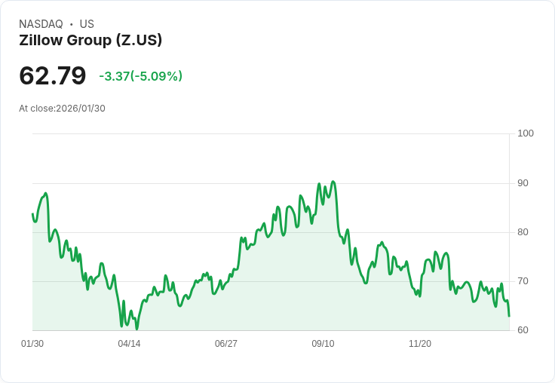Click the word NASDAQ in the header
pyautogui.click(x=41, y=24)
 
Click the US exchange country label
pyautogui.click(x=87, y=24)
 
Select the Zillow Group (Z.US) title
pyautogui.click(x=90, y=41)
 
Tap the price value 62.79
pyautogui.click(x=53, y=75)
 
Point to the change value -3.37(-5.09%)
pyautogui.click(x=140, y=76)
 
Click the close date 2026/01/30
pyautogui.click(x=81, y=109)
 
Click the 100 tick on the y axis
pyautogui.click(x=526, y=133)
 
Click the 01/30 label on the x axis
pyautogui.click(x=32, y=344)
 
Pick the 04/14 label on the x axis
pyautogui.click(x=129, y=344)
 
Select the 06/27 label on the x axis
pyautogui.click(x=226, y=344)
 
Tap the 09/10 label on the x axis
pyautogui.click(x=323, y=344)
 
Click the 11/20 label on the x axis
pyautogui.click(x=420, y=344)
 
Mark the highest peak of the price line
pyautogui.click(x=333, y=182)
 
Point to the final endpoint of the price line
pyautogui.click(x=509, y=316)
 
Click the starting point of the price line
pyautogui.click(x=32, y=214)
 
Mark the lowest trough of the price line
pyautogui.click(x=136, y=329)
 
